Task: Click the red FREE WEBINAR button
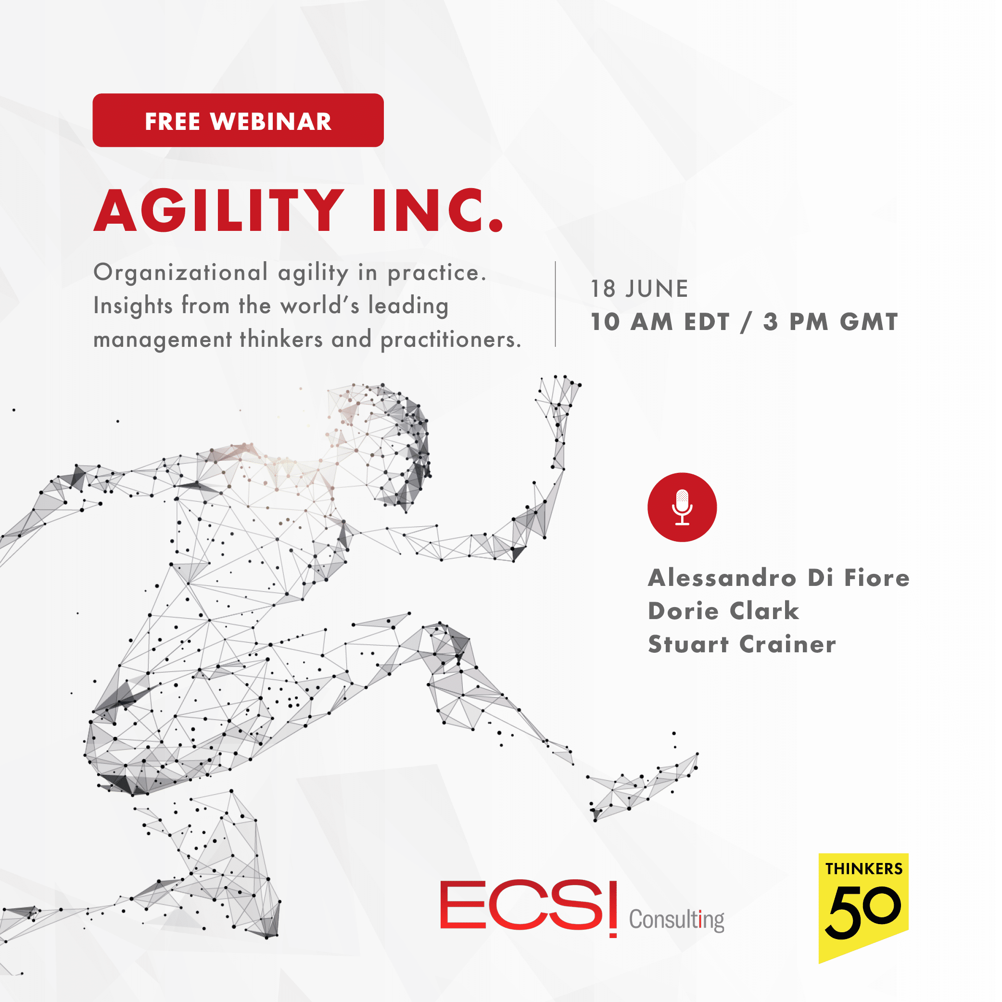click(x=238, y=120)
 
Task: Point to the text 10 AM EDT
click(x=660, y=322)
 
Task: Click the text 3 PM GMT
click(x=830, y=322)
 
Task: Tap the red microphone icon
click(x=682, y=507)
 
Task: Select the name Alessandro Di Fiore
click(x=778, y=578)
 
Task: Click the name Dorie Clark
click(x=723, y=611)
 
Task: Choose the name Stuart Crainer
click(x=742, y=644)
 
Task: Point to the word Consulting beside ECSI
click(x=676, y=920)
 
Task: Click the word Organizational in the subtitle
click(x=180, y=273)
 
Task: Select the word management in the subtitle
click(x=162, y=340)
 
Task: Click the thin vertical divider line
click(x=556, y=304)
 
